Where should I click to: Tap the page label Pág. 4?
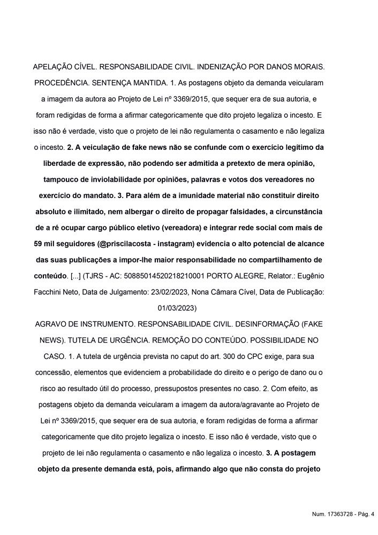(x=365, y=515)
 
